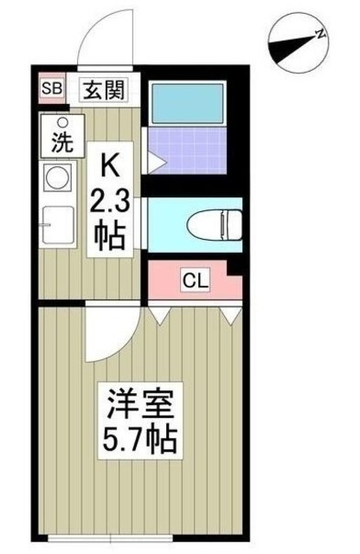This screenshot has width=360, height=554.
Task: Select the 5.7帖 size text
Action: click(142, 443)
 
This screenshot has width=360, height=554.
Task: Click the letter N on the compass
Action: click(320, 35)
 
